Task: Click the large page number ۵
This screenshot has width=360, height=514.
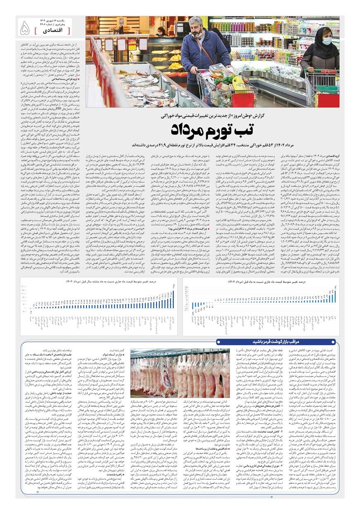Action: point(25,28)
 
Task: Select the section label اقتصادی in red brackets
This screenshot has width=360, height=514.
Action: point(52,31)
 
